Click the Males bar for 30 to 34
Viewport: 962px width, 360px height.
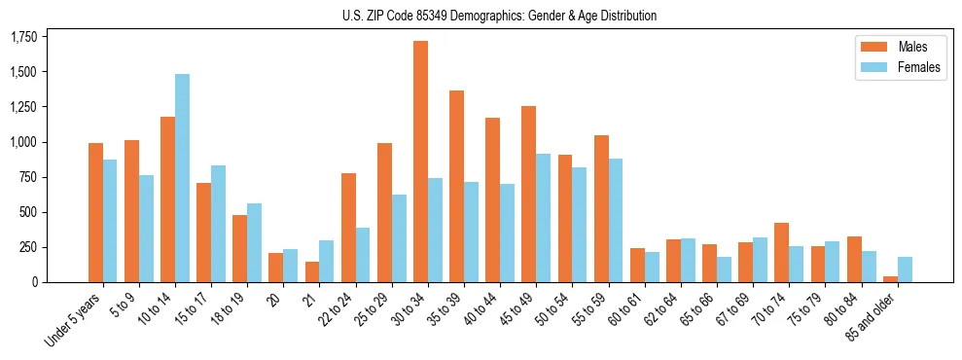pyautogui.click(x=420, y=162)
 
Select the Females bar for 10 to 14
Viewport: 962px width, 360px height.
pyautogui.click(x=182, y=178)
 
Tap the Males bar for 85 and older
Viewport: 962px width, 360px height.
pyautogui.click(x=890, y=279)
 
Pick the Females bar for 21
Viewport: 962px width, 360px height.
pyautogui.click(x=327, y=261)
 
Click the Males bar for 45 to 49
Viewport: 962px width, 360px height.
pyautogui.click(x=528, y=195)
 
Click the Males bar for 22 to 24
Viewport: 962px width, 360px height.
pyautogui.click(x=348, y=228)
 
